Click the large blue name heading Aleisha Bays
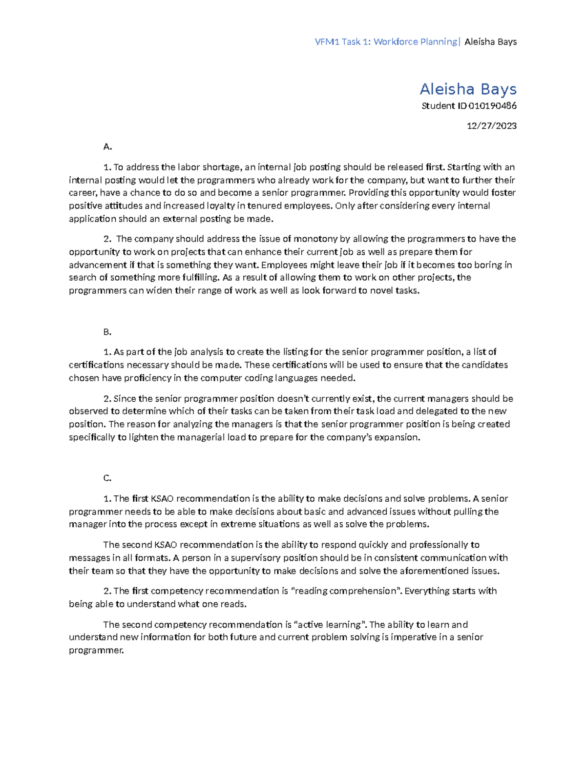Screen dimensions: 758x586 [468, 89]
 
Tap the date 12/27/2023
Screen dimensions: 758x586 [491, 126]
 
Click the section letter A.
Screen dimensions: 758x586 [108, 146]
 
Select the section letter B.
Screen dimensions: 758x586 [107, 332]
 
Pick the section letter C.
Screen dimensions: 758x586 [107, 478]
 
